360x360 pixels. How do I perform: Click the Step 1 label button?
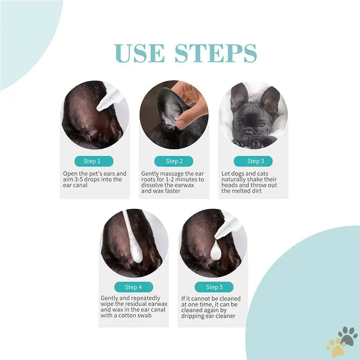pos(94,161)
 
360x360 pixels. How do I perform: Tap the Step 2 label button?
pos(174,161)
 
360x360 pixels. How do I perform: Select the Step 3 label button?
pos(253,161)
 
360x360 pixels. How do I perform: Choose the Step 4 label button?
pos(134,287)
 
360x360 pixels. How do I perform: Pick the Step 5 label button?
pos(214,287)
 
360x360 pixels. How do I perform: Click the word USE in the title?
pos(139,53)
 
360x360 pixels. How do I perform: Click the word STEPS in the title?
pos(216,53)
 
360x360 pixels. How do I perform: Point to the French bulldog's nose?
pos(248,133)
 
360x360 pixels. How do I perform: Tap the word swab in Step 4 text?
pos(144,315)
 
